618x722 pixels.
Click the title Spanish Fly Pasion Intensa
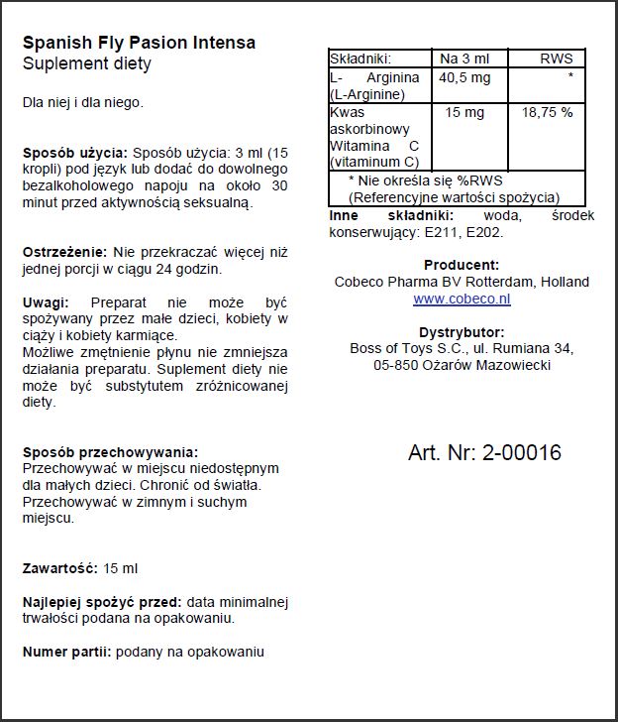pyautogui.click(x=139, y=43)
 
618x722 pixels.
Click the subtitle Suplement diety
pyautogui.click(x=87, y=63)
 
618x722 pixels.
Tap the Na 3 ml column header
pyautogui.click(x=471, y=60)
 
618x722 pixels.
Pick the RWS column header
pyautogui.click(x=556, y=60)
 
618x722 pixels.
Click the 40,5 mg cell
pyautogui.click(x=465, y=77)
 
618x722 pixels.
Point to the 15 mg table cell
pyautogui.click(x=464, y=113)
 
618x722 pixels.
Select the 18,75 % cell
pyautogui.click(x=547, y=113)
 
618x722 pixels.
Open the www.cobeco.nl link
pyautogui.click(x=462, y=298)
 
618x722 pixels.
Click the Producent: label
pyautogui.click(x=462, y=266)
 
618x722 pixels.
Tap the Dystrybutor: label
pyautogui.click(x=462, y=332)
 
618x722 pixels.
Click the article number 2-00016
pyautogui.click(x=521, y=453)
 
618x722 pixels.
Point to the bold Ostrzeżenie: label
pyautogui.click(x=66, y=252)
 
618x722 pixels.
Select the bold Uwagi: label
pyautogui.click(x=46, y=302)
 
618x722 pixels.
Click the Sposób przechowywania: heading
pyautogui.click(x=110, y=452)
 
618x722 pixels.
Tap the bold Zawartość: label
pyautogui.click(x=59, y=568)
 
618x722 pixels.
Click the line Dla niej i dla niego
pyautogui.click(x=83, y=102)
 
